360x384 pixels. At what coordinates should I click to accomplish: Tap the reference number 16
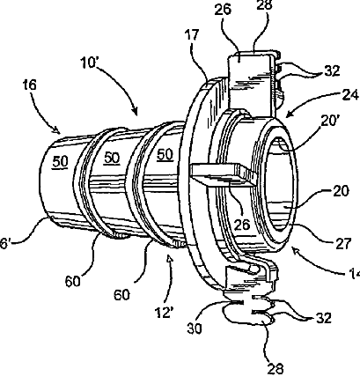point(30,85)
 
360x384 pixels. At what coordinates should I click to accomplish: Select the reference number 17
point(192,35)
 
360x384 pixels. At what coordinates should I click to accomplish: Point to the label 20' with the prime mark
point(330,121)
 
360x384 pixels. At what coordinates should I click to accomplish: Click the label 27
point(342,243)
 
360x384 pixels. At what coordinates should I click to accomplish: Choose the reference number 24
point(350,94)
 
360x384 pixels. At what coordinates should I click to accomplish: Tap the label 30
point(195,329)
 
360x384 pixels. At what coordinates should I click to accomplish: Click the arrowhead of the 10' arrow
point(135,112)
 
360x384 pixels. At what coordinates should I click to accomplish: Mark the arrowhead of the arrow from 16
point(57,129)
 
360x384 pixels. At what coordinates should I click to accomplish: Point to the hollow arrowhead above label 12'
point(170,259)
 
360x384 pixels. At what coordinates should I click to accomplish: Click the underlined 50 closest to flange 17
point(165,155)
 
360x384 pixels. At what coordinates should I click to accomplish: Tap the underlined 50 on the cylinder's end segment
point(60,161)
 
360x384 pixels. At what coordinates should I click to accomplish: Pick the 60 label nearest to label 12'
point(121,294)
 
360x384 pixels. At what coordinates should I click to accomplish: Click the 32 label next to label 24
point(332,70)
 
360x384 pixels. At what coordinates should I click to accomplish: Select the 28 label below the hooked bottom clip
point(276,368)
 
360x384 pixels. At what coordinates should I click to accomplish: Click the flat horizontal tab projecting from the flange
point(223,175)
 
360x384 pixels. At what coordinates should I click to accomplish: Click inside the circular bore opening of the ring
point(279,184)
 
